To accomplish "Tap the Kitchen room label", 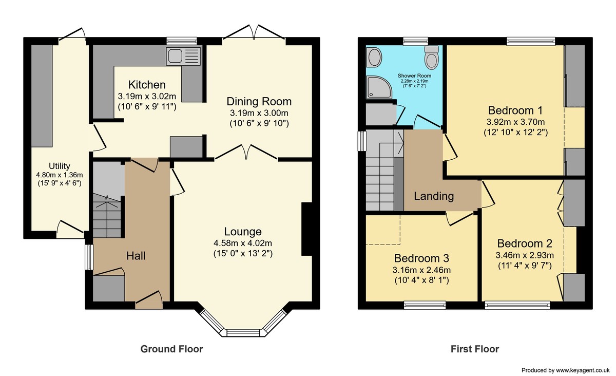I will coord(147,85).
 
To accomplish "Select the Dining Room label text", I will coord(259,101).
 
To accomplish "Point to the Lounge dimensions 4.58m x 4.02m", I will coord(242,243).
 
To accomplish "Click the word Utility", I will coord(60,166).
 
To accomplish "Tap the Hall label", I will coord(140,255).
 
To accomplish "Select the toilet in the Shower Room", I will coord(432,57).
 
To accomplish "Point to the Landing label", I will coord(434,196).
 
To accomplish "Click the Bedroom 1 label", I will coord(515,110).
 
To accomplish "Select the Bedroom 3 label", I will coord(421,257).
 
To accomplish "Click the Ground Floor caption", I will coord(171,349).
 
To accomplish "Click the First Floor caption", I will coord(474,349).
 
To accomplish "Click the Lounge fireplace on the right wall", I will coord(306,229).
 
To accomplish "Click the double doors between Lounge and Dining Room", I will coord(247,153).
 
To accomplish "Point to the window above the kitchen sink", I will coord(182,40).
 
